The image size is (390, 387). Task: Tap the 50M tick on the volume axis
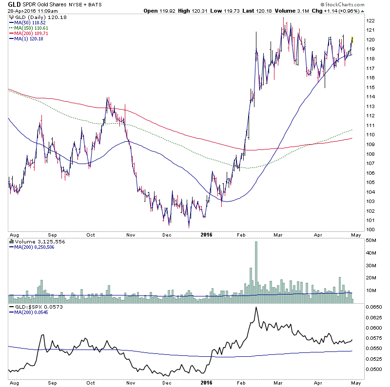point(371,240)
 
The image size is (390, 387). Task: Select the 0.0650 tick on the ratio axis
point(373,308)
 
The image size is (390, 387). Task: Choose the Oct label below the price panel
point(91,234)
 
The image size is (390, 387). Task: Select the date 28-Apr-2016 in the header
point(21,11)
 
